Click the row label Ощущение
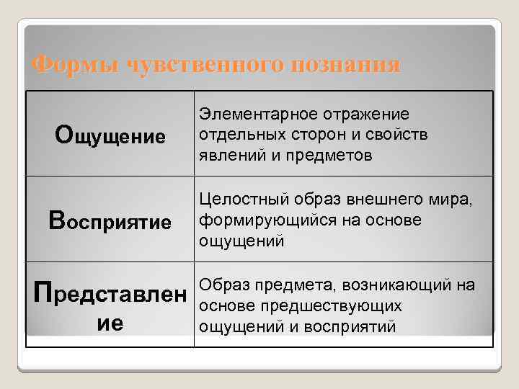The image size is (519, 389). pyautogui.click(x=110, y=135)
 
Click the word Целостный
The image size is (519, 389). pyautogui.click(x=237, y=199)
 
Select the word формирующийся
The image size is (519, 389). pyautogui.click(x=257, y=220)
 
